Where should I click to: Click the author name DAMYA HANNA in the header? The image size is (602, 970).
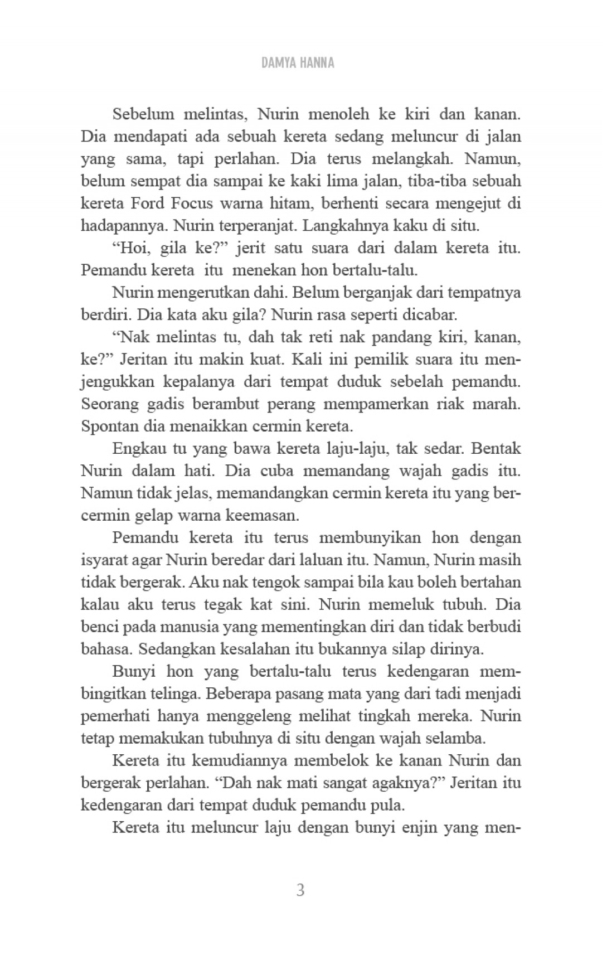click(x=298, y=62)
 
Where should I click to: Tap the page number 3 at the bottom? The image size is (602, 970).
click(x=300, y=890)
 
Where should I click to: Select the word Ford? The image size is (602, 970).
click(x=148, y=203)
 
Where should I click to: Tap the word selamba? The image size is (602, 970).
click(x=455, y=739)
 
